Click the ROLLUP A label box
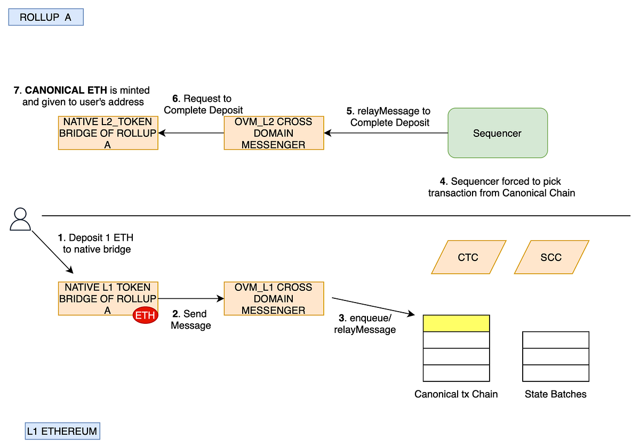(x=46, y=17)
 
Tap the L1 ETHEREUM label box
(x=62, y=431)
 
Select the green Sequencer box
(x=497, y=133)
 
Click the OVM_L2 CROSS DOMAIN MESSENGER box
(x=274, y=133)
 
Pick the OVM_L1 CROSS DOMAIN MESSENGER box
(x=274, y=299)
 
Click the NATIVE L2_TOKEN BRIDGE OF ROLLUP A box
(x=108, y=133)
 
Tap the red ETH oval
(x=145, y=315)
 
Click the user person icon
(x=20, y=219)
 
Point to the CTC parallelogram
(x=468, y=257)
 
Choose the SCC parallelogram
(x=551, y=257)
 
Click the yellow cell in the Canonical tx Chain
(x=456, y=323)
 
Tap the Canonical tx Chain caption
(x=456, y=394)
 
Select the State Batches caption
(x=555, y=394)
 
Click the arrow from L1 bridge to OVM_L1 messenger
(x=191, y=299)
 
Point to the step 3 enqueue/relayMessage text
(x=365, y=324)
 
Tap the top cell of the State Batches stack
(x=555, y=340)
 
